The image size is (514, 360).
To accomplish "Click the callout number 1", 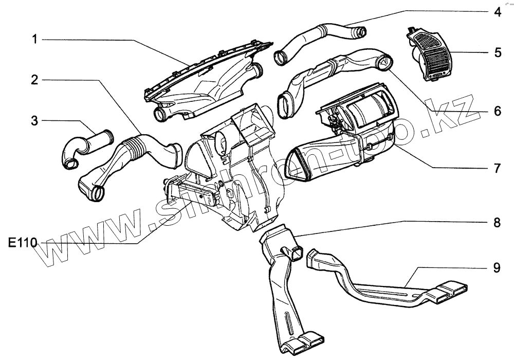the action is (x=34, y=40).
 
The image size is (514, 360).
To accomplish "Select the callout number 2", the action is (x=34, y=80).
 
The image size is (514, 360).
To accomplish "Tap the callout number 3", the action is (x=34, y=121).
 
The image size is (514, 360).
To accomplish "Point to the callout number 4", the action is (x=497, y=11).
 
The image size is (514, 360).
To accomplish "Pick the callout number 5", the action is (x=497, y=52).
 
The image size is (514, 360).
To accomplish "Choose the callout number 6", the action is (x=497, y=111).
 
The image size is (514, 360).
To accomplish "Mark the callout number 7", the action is (x=497, y=168).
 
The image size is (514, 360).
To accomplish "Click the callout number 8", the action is (x=497, y=223).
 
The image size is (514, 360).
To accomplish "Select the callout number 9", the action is (x=497, y=267).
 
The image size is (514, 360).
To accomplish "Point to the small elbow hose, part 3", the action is (x=85, y=147).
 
